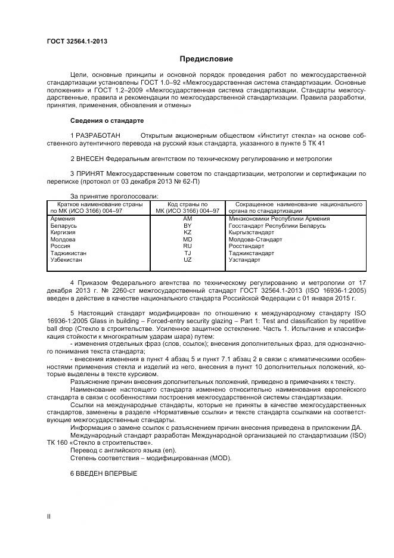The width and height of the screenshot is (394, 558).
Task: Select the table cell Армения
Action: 63,219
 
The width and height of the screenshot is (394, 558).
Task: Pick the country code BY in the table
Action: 187,226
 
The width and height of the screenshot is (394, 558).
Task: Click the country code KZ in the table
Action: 187,232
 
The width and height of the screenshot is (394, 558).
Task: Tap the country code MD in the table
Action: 187,240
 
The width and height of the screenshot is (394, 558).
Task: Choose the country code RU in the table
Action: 187,246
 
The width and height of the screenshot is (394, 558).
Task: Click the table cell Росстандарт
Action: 246,246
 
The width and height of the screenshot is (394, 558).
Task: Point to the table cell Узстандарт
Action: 244,260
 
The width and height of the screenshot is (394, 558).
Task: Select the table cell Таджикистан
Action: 69,253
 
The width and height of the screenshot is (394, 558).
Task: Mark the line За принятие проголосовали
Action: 114,196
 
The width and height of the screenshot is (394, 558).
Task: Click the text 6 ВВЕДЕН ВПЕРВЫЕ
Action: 104,473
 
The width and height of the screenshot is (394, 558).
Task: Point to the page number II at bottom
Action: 49,517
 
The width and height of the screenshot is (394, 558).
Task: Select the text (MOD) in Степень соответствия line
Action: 218,458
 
